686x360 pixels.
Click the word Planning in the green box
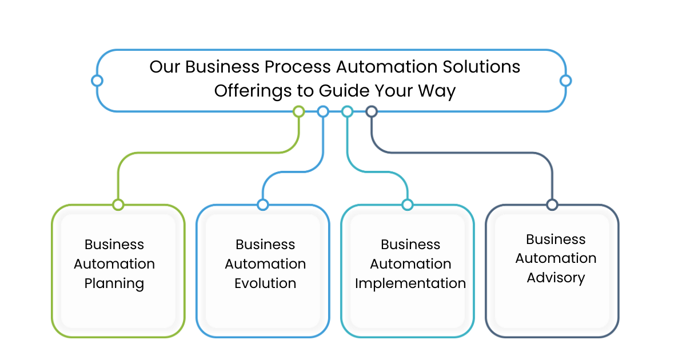114,283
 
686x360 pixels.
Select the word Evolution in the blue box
265,283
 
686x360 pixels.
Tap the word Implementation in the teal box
410,283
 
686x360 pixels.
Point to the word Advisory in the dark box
556,278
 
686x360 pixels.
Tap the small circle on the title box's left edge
97,81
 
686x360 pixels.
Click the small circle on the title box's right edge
565,81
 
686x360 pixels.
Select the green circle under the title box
298,111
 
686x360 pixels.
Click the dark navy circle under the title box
372,111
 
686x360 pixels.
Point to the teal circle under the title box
347,111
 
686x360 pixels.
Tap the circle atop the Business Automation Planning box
118,205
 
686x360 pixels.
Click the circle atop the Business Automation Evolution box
262,205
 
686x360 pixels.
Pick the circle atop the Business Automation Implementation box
407,205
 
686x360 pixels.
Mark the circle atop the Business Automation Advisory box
552,205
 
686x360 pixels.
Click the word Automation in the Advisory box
556,258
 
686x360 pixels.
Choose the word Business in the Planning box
114,245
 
